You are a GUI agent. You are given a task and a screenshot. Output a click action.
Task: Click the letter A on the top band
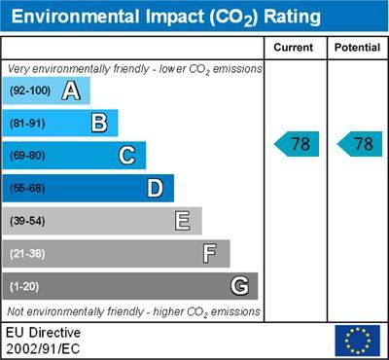coord(70,91)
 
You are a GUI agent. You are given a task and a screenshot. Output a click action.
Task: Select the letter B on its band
coord(98,124)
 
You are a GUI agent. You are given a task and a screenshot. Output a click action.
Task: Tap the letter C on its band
coord(126,156)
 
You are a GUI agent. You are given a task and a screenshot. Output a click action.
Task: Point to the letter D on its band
coord(155,188)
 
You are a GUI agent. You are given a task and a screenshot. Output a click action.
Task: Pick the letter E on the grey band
coord(182,221)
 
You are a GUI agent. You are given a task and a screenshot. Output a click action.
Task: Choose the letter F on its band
coord(210,254)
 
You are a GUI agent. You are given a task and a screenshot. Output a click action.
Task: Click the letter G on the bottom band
coord(238,286)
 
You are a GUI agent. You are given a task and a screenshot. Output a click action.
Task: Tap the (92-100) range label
coord(30,91)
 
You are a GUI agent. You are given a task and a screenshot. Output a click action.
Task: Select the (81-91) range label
coord(28,124)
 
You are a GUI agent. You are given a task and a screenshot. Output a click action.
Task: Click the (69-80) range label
coord(28,156)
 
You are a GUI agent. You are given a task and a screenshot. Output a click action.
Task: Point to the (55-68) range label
coord(28,189)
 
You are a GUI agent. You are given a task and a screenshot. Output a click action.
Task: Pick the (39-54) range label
coord(28,221)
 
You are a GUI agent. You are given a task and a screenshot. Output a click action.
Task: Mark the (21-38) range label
coord(28,254)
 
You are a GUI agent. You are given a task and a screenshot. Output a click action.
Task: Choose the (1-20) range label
coord(25,286)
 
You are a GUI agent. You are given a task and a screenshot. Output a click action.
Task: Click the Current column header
coord(294,48)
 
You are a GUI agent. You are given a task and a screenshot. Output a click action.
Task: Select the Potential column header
coord(356,48)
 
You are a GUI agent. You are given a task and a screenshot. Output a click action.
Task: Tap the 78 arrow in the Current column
coord(297,144)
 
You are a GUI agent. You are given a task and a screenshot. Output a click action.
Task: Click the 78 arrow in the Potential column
coord(359,144)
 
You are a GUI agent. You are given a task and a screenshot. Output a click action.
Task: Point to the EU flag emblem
coord(356,340)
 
